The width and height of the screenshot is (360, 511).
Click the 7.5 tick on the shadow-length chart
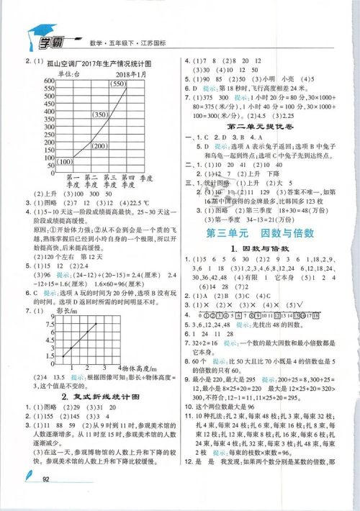[50, 324]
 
